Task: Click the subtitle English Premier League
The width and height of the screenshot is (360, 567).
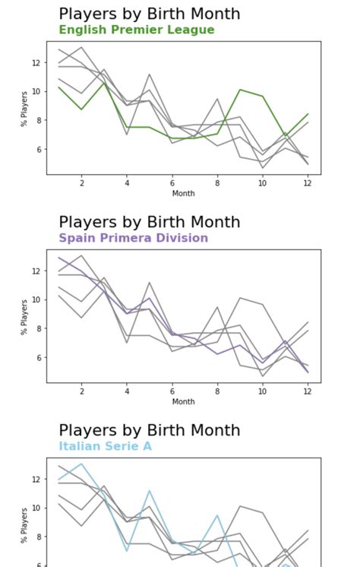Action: pyautogui.click(x=137, y=30)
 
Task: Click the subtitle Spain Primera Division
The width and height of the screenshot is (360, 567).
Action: pyautogui.click(x=133, y=238)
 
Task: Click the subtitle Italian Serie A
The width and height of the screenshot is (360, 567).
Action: pyautogui.click(x=105, y=446)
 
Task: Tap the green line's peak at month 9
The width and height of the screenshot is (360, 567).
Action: pyautogui.click(x=240, y=90)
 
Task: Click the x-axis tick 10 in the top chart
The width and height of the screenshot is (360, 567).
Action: pyautogui.click(x=262, y=183)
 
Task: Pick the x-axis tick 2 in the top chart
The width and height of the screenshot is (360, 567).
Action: pyautogui.click(x=81, y=183)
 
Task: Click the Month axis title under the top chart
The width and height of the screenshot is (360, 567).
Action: pyautogui.click(x=183, y=193)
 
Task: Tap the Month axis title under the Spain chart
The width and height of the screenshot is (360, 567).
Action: pyautogui.click(x=183, y=401)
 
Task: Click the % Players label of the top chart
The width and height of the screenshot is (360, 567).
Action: pyautogui.click(x=24, y=108)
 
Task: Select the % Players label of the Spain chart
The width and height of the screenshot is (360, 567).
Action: pyautogui.click(x=24, y=316)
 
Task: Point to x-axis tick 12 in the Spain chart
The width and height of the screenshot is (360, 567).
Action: pyautogui.click(x=308, y=391)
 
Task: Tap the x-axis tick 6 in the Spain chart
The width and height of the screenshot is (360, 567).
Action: pyautogui.click(x=172, y=391)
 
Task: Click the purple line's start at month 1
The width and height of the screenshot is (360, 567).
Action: pyautogui.click(x=59, y=258)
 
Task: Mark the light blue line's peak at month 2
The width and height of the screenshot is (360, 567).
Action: pyautogui.click(x=81, y=464)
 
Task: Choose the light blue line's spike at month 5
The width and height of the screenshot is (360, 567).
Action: pyautogui.click(x=150, y=490)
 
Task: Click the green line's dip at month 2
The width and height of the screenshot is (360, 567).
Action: pyautogui.click(x=81, y=109)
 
